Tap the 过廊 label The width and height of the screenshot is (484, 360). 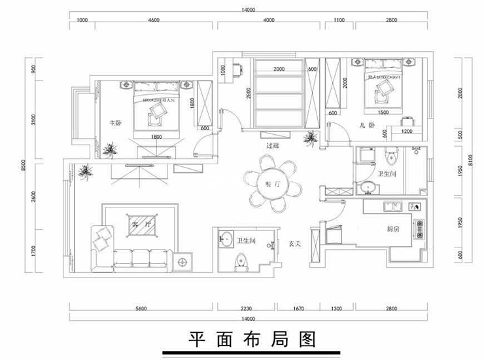[273, 147]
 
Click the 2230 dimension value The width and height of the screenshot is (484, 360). [245, 308]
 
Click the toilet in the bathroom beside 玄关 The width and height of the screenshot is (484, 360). [239, 261]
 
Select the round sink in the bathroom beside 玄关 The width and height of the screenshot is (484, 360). [226, 238]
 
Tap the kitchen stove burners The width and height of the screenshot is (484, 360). [417, 226]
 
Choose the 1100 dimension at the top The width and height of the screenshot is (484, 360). [338, 21]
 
